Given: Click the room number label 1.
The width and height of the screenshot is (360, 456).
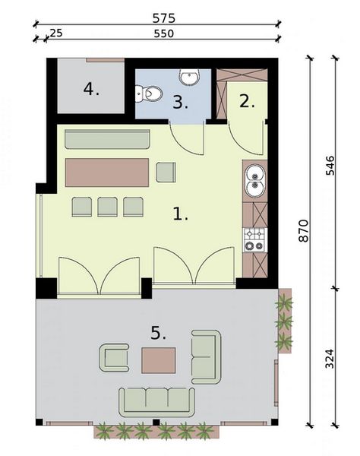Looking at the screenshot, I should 180,214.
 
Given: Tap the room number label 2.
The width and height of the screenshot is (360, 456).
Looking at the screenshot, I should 246,101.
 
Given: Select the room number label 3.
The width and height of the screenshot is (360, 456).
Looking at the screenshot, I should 180,103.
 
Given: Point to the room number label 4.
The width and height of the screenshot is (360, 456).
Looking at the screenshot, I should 91,90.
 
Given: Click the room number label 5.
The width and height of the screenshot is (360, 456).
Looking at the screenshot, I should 158,333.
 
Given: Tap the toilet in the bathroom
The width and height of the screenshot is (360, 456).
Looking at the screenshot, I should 150,93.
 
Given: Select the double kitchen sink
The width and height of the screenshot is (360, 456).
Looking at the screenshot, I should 254,181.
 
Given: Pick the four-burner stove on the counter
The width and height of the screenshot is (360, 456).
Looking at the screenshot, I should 254,239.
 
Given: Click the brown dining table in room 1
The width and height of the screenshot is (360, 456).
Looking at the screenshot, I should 106,172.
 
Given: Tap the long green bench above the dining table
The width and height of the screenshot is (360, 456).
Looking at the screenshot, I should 106,140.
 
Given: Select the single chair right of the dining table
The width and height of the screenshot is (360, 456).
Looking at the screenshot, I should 166,173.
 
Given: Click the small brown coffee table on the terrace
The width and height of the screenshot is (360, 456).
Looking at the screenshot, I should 158,359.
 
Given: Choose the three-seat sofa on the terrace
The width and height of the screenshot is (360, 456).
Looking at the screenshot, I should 157,400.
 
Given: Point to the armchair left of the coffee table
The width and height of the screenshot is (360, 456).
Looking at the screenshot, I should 114,357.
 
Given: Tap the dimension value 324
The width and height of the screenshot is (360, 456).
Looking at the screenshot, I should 330,357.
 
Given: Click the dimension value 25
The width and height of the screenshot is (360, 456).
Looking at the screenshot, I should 55,33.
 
